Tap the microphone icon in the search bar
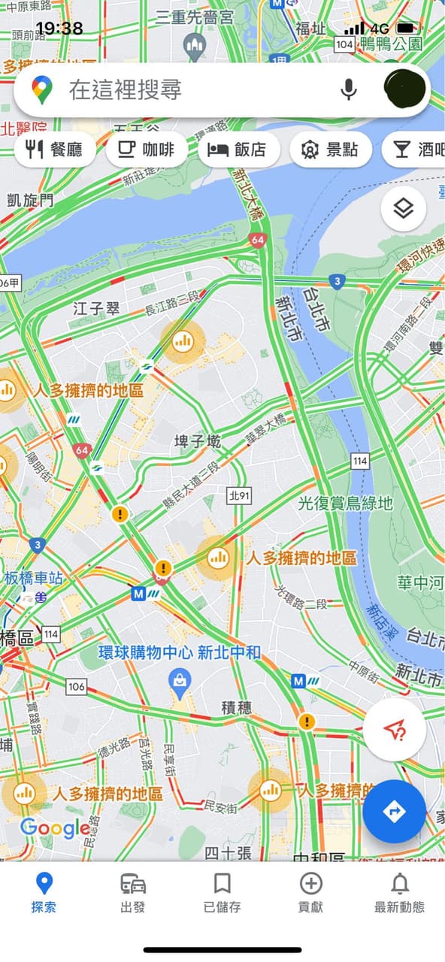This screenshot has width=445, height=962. point(348,89)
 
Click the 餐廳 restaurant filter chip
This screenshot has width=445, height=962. point(56,150)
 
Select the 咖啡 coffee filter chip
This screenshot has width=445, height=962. point(147,150)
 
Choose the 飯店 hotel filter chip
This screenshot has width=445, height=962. point(238,150)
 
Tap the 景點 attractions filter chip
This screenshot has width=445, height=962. point(331,150)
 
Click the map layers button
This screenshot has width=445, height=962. point(404,208)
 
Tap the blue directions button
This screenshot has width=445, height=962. point(394,811)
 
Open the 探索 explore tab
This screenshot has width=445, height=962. point(44,892)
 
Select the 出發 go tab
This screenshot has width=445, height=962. point(133,892)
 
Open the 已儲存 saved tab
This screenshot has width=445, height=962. point(222,892)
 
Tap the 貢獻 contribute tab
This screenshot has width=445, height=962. point(310,892)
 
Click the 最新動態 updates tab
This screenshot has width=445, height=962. point(400,892)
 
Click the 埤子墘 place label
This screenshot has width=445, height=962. point(198,441)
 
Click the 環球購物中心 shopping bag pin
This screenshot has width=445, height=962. point(180,682)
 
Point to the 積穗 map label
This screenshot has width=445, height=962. point(237,708)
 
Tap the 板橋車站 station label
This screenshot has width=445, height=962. point(34,578)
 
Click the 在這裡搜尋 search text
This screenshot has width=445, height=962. point(126,90)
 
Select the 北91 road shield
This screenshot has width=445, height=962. point(238,494)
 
